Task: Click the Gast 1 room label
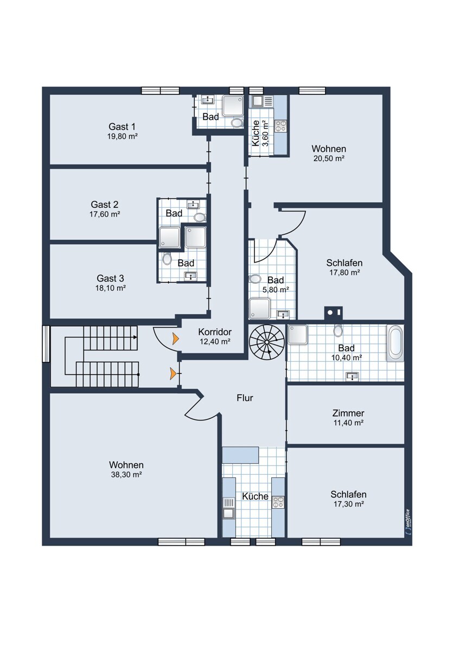(122, 127)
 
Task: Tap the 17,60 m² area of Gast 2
(105, 214)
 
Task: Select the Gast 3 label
(111, 278)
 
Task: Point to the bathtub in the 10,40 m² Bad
(395, 343)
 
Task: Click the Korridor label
(215, 331)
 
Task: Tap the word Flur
(245, 398)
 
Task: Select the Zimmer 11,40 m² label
(348, 417)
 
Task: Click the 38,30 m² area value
(126, 475)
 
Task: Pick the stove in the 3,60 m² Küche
(280, 126)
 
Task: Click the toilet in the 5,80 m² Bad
(255, 279)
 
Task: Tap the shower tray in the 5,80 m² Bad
(260, 308)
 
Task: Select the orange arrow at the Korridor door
(176, 339)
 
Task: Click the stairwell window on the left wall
(46, 343)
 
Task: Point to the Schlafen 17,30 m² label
(348, 499)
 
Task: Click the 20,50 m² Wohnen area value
(329, 158)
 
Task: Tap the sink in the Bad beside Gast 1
(208, 100)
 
